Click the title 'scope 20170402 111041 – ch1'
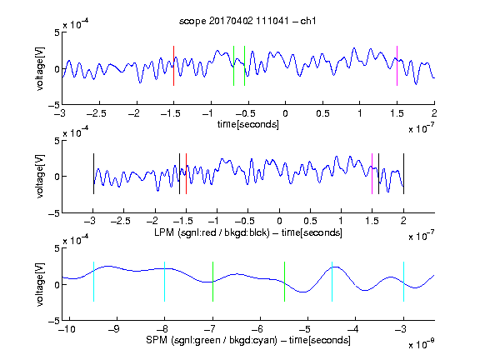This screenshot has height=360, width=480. [x=247, y=21]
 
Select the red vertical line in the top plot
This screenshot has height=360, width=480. [x=173, y=66]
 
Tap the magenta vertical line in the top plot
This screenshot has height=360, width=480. [x=397, y=66]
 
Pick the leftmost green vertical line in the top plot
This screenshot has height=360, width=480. [x=233, y=66]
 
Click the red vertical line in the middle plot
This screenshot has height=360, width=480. [x=186, y=173]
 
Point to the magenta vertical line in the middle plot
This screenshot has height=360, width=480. [x=372, y=173]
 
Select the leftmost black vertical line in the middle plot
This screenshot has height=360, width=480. [x=93, y=173]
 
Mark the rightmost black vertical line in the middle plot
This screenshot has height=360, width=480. [x=403, y=173]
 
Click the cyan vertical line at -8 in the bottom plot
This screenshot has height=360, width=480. [x=164, y=282]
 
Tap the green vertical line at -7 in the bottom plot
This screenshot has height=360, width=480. [x=212, y=282]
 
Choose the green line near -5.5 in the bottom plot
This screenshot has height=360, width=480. [x=284, y=282]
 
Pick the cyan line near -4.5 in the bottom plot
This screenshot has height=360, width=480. [x=332, y=282]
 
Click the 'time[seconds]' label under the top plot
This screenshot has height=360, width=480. [x=248, y=124]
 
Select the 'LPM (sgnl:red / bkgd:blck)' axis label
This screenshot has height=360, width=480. [x=212, y=232]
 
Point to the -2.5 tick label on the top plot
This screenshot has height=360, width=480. [x=97, y=113]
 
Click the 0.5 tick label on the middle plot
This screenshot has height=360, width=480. [x=310, y=221]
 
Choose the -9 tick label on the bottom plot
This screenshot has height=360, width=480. [x=114, y=329]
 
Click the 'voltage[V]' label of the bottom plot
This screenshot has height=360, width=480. [x=40, y=284]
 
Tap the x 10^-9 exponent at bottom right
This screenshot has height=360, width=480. [x=422, y=344]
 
